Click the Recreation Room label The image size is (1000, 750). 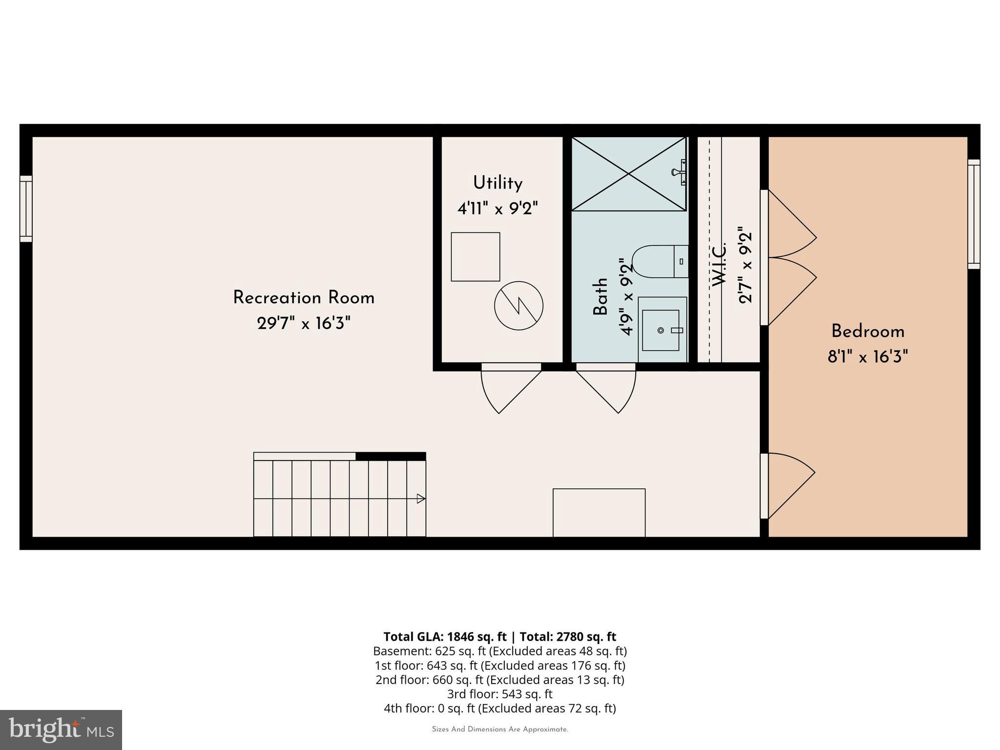click(x=303, y=298)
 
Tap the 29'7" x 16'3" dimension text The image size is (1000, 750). click(x=303, y=323)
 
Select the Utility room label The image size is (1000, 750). click(x=498, y=183)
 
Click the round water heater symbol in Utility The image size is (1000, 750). click(x=519, y=306)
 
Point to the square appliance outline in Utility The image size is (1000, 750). click(x=475, y=257)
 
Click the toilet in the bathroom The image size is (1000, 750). click(x=659, y=262)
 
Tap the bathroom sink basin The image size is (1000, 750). click(x=661, y=330)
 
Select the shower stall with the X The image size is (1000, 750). click(x=628, y=174)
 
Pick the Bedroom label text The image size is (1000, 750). click(x=868, y=332)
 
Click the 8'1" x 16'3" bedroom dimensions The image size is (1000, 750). click(x=868, y=357)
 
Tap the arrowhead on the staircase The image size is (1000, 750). click(x=420, y=499)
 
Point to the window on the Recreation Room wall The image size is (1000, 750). click(x=26, y=209)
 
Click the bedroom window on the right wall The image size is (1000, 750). click(x=974, y=214)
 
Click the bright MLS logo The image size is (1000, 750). click(x=61, y=729)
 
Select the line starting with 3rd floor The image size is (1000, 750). click(x=500, y=694)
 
